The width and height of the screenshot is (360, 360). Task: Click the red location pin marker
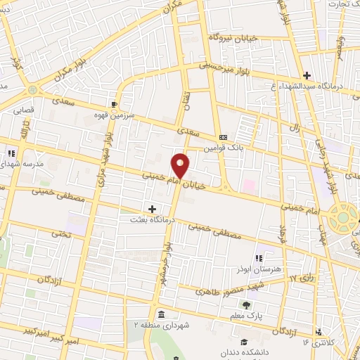click(181, 165)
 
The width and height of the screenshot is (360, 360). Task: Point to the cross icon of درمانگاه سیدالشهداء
click(306, 75)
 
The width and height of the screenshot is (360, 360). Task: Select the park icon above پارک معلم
click(246, 304)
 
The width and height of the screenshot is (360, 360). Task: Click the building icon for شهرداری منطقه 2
click(161, 314)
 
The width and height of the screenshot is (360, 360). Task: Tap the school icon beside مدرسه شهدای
click(11, 153)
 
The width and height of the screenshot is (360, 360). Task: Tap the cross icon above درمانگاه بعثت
click(152, 207)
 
